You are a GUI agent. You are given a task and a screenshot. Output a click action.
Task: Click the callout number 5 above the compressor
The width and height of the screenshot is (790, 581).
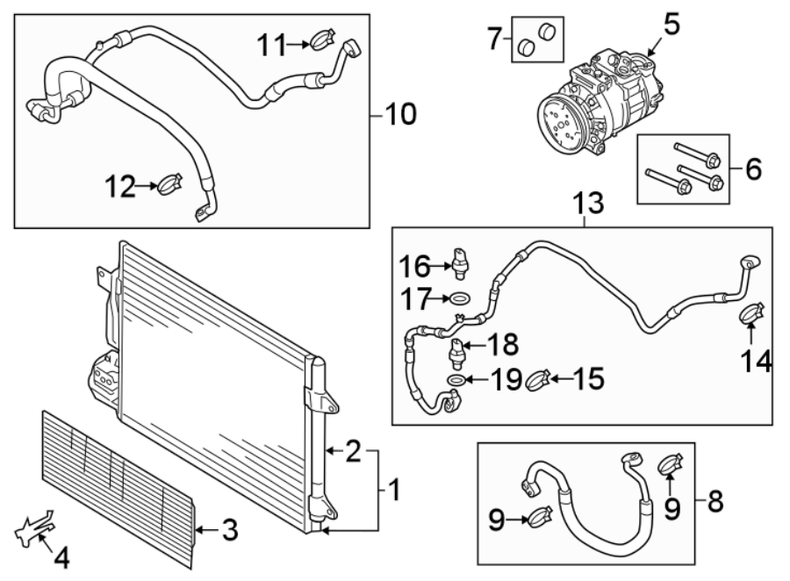[671, 24]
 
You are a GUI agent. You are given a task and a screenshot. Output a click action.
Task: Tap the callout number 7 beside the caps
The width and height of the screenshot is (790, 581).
[495, 39]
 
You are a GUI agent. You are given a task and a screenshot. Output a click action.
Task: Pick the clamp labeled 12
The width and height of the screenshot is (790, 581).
[169, 184]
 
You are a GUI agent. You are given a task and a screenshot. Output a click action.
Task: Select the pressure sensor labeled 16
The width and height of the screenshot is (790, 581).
[461, 260]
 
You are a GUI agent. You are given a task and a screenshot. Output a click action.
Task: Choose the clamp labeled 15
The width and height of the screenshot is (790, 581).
[538, 380]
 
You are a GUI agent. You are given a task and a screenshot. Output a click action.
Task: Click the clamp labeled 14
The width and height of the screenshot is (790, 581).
[750, 312]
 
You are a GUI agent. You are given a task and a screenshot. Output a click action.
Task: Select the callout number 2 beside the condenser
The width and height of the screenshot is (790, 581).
[352, 452]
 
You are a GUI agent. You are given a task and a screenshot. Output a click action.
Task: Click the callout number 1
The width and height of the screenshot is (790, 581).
[393, 490]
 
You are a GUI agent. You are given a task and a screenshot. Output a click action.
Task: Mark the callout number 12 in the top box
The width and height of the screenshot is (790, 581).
[121, 185]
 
